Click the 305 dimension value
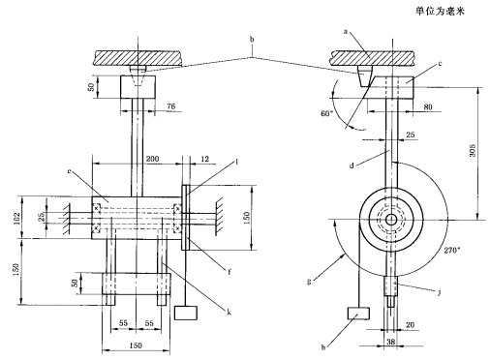tap(472, 151)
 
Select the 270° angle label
tap(451, 250)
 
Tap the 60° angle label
tap(326, 113)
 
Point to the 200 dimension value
tap(152, 159)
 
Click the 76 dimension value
tap(171, 106)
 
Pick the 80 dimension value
tap(428, 106)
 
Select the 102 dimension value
tap(17, 218)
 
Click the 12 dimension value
tap(205, 159)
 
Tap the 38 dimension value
tap(390, 342)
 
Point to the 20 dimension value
tap(410, 325)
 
